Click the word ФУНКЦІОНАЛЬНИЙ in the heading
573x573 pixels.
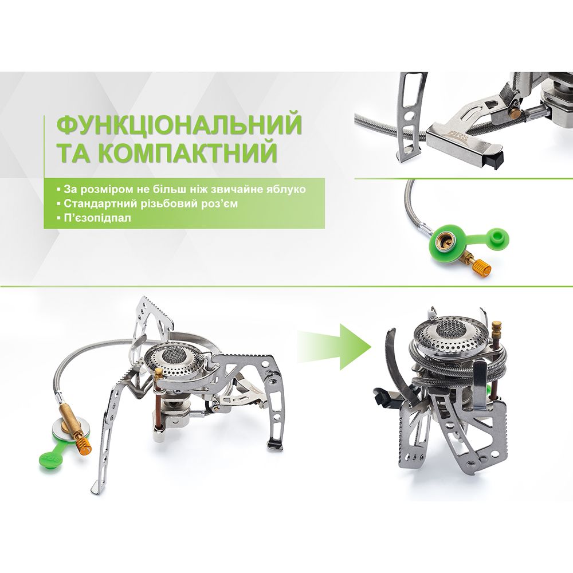pyautogui.click(x=179, y=124)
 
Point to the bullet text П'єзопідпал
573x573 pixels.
pyautogui.click(x=97, y=218)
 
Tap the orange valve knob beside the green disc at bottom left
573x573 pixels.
pyautogui.click(x=85, y=448)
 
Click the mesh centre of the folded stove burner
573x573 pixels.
pyautogui.click(x=449, y=328)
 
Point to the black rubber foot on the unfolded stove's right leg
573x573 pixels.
pyautogui.click(x=275, y=444)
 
